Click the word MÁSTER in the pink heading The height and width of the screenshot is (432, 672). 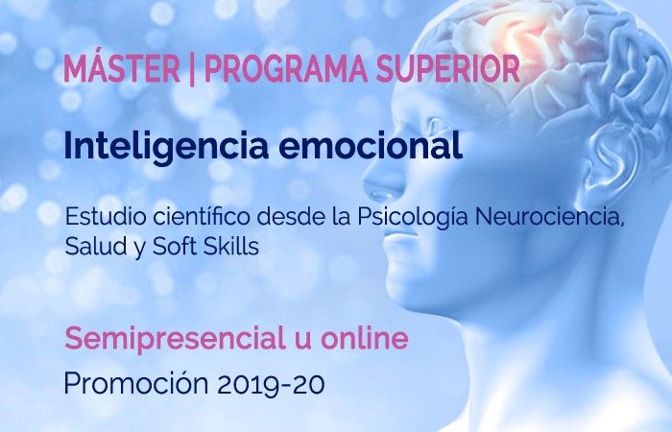[x=122, y=68]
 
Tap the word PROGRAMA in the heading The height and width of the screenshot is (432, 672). [x=286, y=69]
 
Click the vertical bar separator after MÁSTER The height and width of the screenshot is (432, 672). [x=192, y=70]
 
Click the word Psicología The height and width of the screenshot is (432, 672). [x=413, y=218]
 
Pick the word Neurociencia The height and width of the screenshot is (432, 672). [x=549, y=217]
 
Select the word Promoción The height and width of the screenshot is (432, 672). [x=136, y=383]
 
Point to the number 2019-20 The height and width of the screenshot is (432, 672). [x=271, y=384]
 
